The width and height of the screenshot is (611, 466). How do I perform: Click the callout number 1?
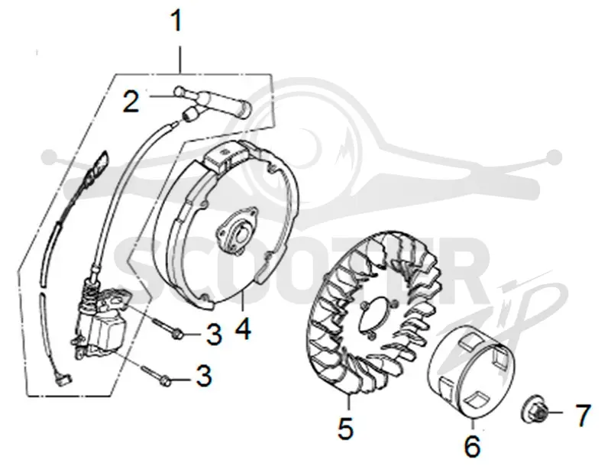tap(177, 21)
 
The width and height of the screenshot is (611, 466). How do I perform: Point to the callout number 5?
tap(346, 428)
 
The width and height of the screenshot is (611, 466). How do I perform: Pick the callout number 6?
tap(473, 446)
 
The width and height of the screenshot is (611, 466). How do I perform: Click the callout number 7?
tap(583, 415)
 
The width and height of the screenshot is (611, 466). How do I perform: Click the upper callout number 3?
tap(214, 335)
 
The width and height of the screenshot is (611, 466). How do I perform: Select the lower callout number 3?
tap(204, 376)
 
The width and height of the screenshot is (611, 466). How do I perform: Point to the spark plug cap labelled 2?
tap(211, 102)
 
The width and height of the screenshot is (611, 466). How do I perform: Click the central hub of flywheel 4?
tap(236, 231)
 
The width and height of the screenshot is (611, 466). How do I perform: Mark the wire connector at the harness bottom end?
tap(64, 379)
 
